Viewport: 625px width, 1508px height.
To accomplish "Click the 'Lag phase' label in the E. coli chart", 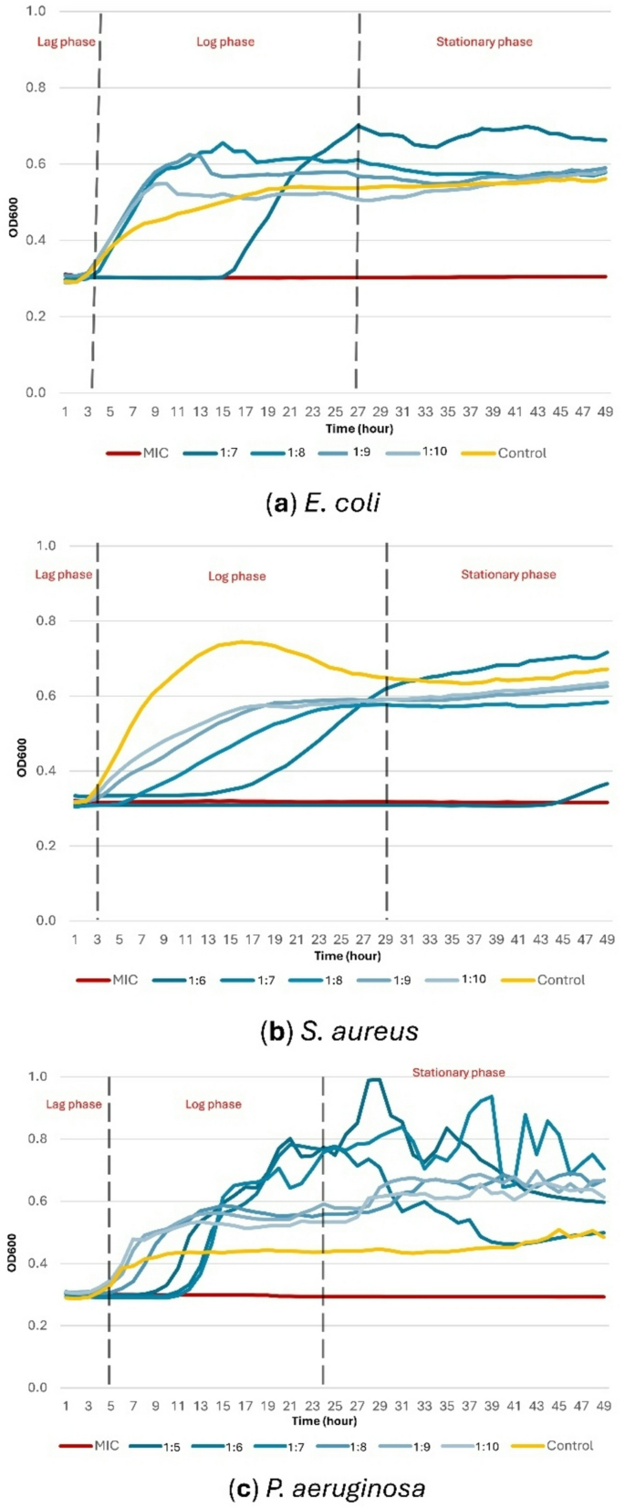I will point(66,42).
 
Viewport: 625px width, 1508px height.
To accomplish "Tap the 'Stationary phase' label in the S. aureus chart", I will point(508,575).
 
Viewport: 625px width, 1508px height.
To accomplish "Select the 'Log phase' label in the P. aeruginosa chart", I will point(214,1104).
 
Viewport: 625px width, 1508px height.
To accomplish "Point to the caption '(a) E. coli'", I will point(322,503).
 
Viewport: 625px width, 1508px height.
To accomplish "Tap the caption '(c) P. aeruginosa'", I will point(327,1489).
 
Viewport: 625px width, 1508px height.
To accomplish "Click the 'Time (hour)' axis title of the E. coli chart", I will point(359,429).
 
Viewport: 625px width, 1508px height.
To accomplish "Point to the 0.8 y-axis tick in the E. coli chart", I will point(36,88).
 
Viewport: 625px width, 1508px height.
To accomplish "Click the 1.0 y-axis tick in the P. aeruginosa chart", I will point(36,1076).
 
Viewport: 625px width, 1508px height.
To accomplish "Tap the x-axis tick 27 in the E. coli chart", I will point(358,412).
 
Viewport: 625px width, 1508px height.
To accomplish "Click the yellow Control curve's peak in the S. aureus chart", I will point(241,641).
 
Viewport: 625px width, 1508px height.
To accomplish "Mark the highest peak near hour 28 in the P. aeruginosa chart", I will point(372,1079).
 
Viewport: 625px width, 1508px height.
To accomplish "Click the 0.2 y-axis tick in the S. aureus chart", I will point(46,846).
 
